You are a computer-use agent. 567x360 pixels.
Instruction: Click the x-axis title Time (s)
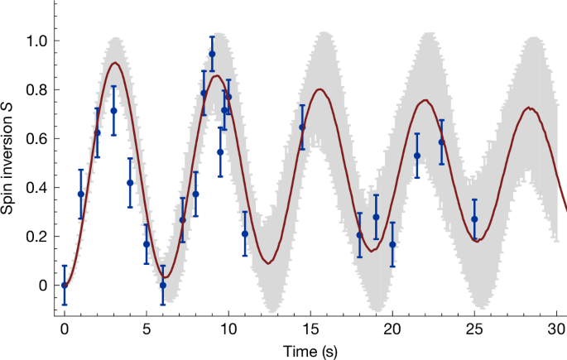coord(310,351)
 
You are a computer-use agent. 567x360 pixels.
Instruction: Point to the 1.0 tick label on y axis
coord(36,41)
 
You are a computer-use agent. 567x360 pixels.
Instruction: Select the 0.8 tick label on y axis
coord(36,90)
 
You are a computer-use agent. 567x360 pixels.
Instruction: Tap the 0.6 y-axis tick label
coord(36,139)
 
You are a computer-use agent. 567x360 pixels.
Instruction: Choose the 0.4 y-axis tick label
coord(36,188)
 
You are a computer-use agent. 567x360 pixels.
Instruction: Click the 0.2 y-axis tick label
coord(36,237)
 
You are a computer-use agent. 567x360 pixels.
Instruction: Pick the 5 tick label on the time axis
coord(146,328)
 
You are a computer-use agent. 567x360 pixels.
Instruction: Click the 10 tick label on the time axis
coord(228,328)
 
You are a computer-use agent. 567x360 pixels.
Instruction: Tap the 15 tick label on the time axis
coord(310,328)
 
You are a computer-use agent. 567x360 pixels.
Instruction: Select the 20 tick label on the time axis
coord(392,328)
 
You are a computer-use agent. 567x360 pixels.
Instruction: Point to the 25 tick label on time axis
coord(474,328)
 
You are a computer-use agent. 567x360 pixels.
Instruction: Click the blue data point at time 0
coord(65,285)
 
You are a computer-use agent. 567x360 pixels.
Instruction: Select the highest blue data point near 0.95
coord(212,54)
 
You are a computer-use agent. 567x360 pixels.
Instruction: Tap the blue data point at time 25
coord(474,219)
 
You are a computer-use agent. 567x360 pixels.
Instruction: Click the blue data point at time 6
coord(163,285)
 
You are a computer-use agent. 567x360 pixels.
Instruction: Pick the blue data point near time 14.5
coord(302,127)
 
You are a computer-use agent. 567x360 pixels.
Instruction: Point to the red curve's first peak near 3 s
coord(115,63)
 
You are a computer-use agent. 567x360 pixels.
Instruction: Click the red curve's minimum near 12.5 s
coord(268,263)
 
